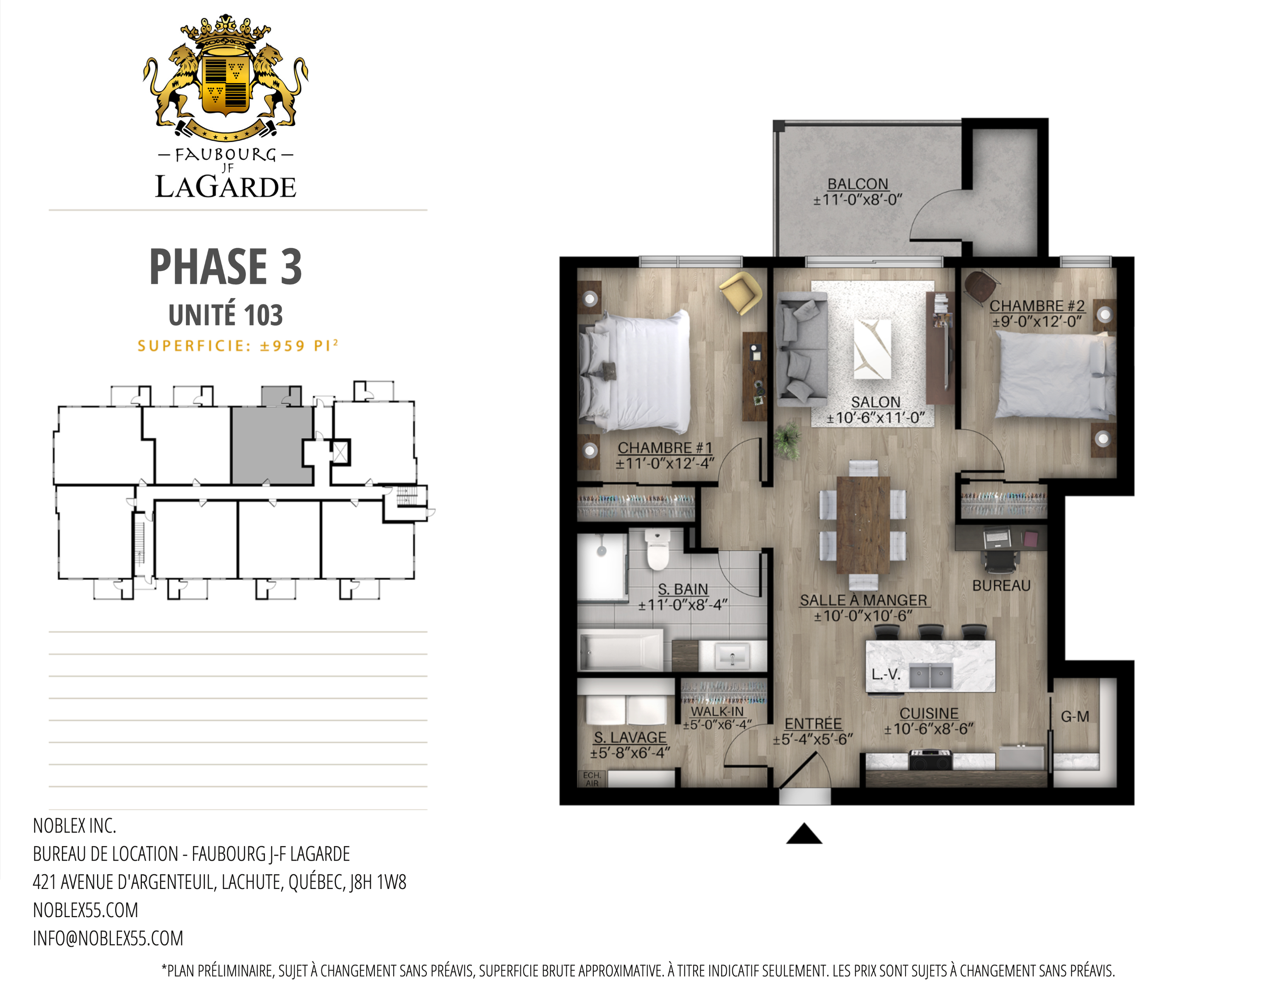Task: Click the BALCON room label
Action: [857, 184]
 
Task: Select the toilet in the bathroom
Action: [657, 549]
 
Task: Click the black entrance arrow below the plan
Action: [804, 834]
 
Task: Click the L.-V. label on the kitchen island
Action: [886, 675]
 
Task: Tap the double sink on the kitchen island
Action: [931, 676]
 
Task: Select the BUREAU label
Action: [1001, 585]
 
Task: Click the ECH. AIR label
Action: [592, 779]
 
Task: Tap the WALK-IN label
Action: [717, 711]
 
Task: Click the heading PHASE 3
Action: [225, 266]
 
